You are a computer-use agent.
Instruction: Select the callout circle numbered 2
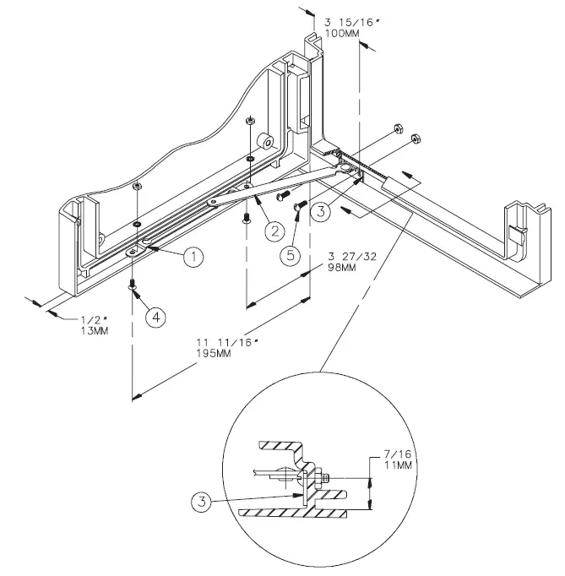[x=272, y=229]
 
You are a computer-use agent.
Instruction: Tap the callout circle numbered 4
[x=155, y=317]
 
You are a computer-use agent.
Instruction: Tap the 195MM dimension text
[x=212, y=353]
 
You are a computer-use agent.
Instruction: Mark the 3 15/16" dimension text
[x=347, y=20]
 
